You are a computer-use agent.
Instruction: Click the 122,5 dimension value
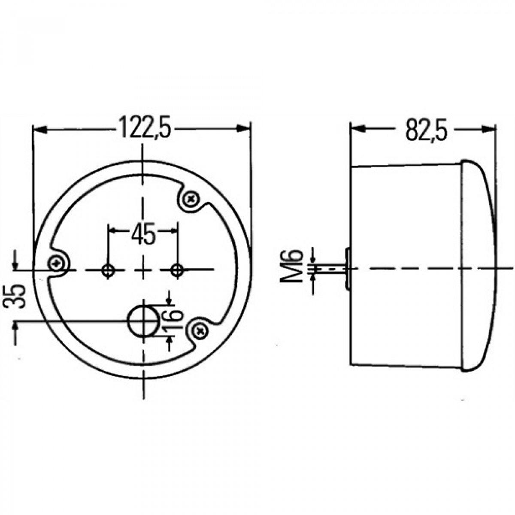pyautogui.click(x=144, y=127)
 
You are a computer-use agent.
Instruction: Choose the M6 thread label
pyautogui.click(x=292, y=266)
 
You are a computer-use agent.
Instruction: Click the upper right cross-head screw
pyautogui.click(x=191, y=198)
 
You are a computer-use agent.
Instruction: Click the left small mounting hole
pyautogui.click(x=108, y=270)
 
